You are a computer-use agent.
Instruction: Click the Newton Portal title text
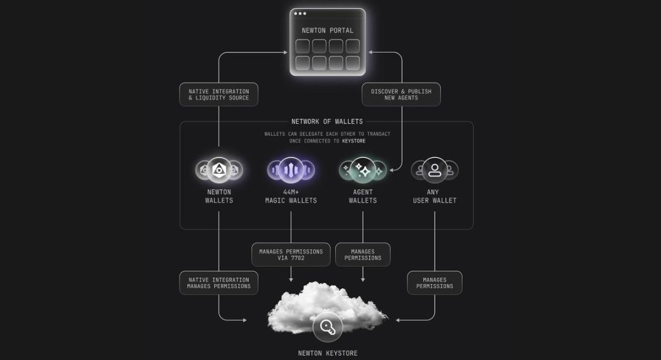click(x=327, y=31)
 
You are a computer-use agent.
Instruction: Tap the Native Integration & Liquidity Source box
click(x=218, y=94)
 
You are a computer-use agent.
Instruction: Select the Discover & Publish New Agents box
click(x=401, y=94)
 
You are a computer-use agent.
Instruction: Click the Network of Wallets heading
click(x=327, y=121)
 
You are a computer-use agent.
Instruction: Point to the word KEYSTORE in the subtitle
click(x=354, y=141)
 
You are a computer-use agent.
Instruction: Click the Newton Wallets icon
click(x=219, y=170)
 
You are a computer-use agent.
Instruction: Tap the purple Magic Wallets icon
click(x=291, y=170)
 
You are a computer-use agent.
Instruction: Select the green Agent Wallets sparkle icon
click(x=362, y=170)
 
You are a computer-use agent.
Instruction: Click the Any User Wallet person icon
click(x=435, y=170)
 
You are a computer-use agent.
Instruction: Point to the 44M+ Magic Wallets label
click(x=291, y=196)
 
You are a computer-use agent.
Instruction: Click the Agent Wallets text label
click(x=362, y=196)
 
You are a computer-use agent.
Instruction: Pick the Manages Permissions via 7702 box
click(x=291, y=255)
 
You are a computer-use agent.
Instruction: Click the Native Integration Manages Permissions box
click(x=218, y=283)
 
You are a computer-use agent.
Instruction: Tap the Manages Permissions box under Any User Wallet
click(x=435, y=283)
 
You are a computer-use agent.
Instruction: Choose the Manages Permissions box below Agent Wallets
click(x=362, y=255)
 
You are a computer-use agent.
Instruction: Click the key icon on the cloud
click(x=327, y=327)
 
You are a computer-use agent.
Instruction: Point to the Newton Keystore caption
click(x=327, y=353)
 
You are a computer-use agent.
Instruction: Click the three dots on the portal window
click(x=300, y=13)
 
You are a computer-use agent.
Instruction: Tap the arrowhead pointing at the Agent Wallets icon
click(x=392, y=170)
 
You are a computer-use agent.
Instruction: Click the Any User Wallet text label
click(x=435, y=196)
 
